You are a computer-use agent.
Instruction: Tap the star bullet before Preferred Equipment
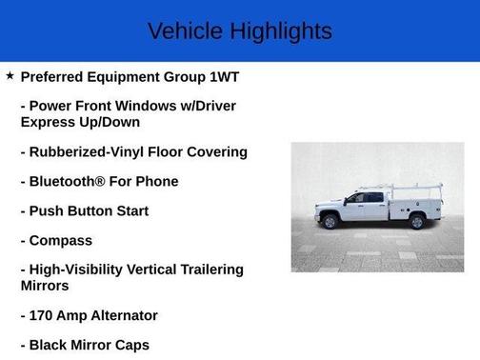pos(10,75)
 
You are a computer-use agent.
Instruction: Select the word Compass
pos(61,241)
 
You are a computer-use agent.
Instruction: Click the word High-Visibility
pos(83,270)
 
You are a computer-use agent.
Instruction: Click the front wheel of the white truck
pos(330,221)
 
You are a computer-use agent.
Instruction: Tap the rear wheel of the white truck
pos(416,221)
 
